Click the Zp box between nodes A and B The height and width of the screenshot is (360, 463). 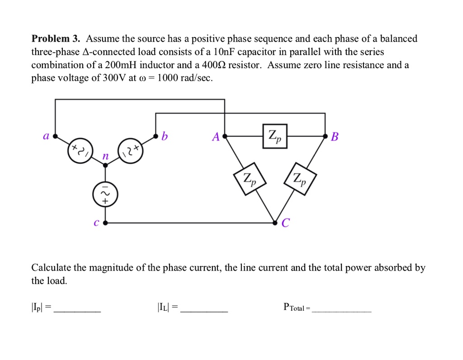[274, 136]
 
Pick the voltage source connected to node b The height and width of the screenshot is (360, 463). [130, 151]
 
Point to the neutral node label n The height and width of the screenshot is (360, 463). [105, 156]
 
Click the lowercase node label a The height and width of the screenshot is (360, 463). [46, 136]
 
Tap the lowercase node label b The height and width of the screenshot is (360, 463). [165, 136]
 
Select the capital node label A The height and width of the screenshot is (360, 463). [216, 136]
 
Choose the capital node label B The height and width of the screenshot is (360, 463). [335, 136]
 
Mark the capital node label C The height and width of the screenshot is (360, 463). [285, 223]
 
